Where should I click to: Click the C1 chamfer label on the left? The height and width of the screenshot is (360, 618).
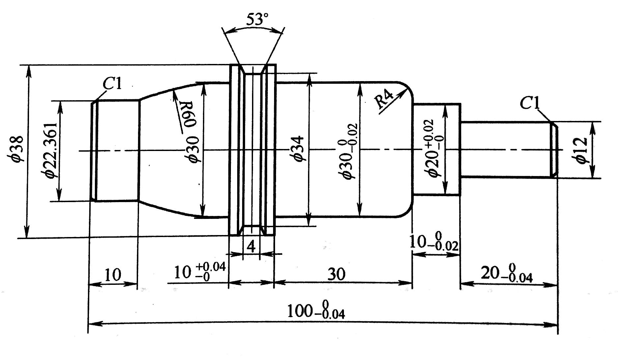tap(112, 84)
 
